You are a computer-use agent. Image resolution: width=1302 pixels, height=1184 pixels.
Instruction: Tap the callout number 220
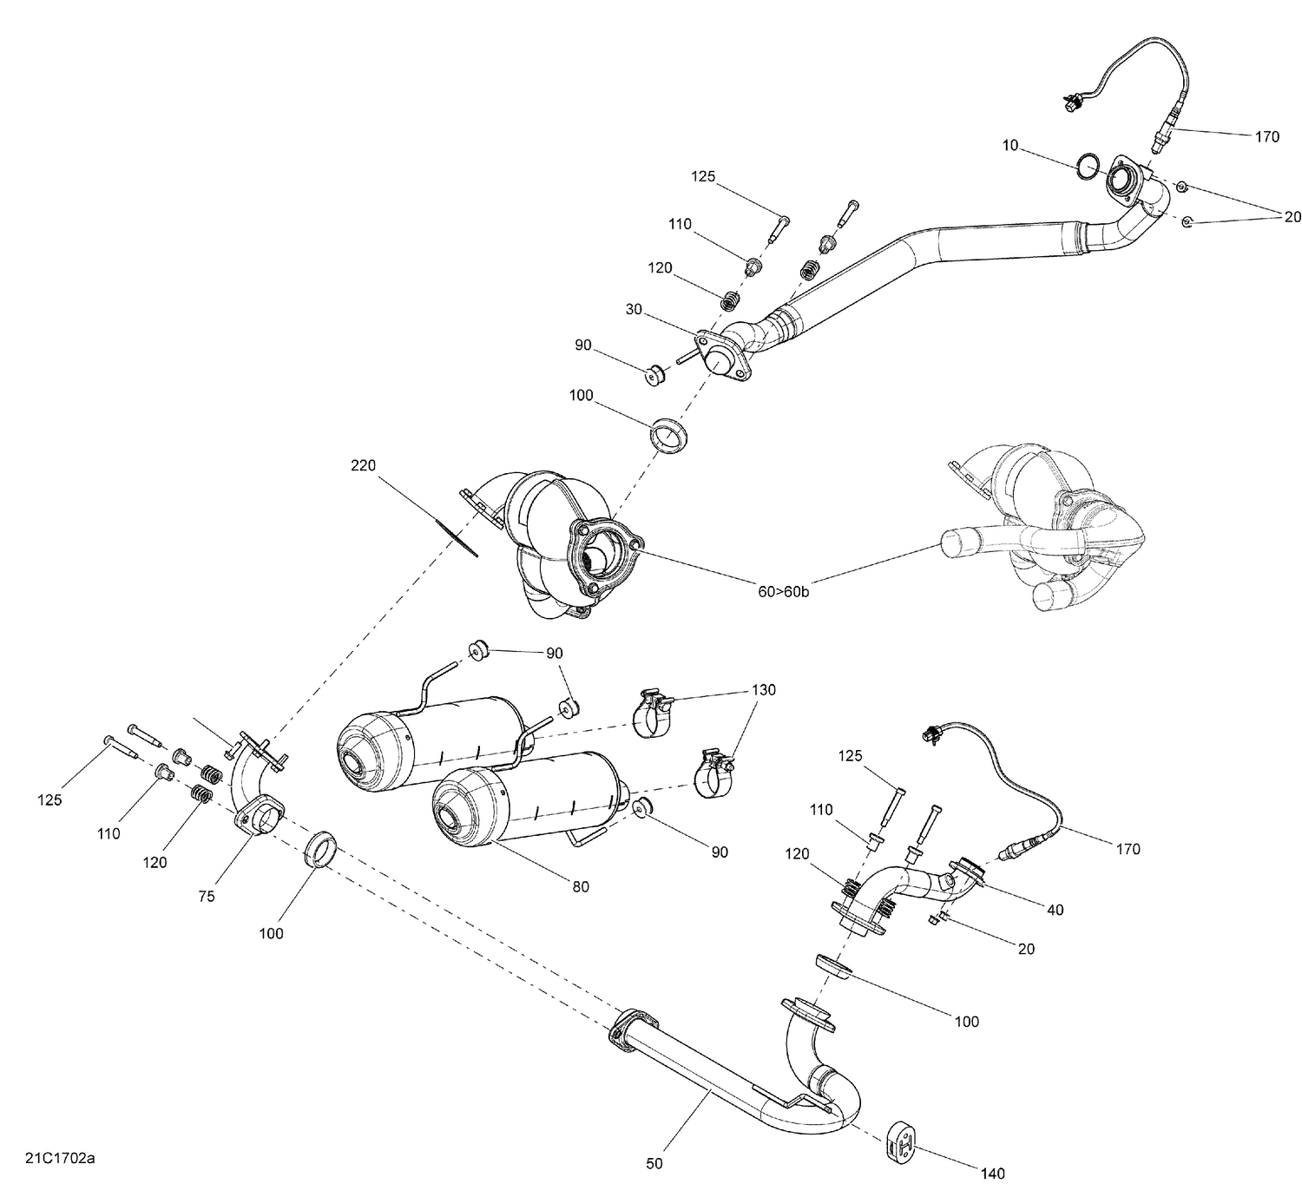(x=363, y=466)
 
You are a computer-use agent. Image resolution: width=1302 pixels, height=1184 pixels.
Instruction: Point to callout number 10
(x=1009, y=146)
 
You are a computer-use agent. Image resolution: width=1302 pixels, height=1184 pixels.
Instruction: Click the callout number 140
(x=992, y=1174)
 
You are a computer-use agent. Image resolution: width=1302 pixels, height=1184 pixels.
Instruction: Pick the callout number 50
(x=654, y=1163)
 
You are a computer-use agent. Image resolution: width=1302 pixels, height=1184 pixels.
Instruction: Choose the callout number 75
(x=206, y=897)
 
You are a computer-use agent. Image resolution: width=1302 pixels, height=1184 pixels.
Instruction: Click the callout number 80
(x=580, y=886)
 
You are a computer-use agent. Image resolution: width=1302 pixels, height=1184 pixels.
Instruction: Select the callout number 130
(x=764, y=690)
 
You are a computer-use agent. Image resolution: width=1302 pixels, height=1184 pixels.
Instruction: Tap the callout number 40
(x=1055, y=910)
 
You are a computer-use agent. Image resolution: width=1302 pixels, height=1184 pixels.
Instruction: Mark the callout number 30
(x=634, y=310)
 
